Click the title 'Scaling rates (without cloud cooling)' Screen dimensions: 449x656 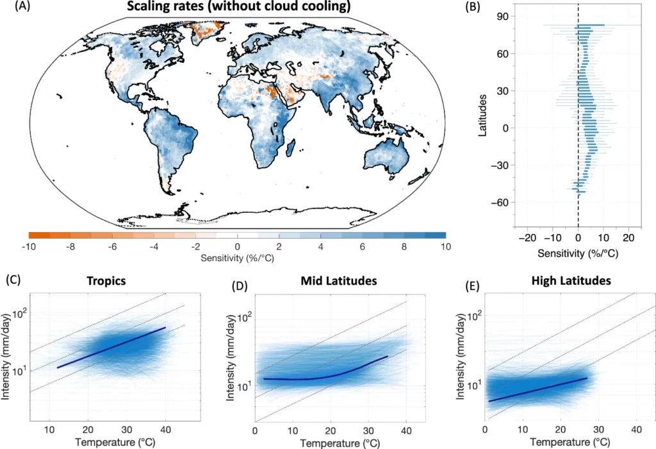click(x=237, y=8)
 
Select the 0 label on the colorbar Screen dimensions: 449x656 click(x=238, y=247)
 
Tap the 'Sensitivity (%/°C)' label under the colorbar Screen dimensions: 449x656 click(x=237, y=258)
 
